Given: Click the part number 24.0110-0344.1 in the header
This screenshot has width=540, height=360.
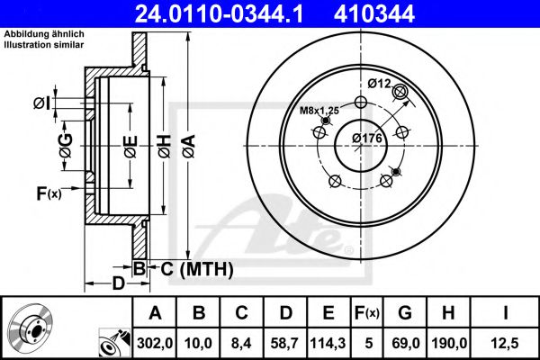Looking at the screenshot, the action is [x=219, y=14].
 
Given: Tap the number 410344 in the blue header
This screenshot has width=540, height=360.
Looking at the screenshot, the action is [x=374, y=14].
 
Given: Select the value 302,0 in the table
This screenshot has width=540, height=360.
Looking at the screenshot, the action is [x=155, y=343].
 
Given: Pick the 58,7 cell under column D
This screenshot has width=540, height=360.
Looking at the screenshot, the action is [x=284, y=343].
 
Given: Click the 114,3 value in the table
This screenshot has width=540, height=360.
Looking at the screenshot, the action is [x=328, y=343].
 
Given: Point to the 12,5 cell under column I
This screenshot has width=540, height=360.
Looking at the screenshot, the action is [x=505, y=343].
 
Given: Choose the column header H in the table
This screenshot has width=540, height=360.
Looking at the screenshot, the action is [x=448, y=313].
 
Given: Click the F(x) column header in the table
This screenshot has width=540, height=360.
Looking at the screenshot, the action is [x=367, y=313].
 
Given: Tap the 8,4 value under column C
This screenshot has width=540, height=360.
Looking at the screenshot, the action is [x=241, y=343].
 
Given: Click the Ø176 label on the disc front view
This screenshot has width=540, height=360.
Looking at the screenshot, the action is [x=367, y=138].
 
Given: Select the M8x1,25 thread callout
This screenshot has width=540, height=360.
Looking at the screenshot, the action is [x=319, y=111].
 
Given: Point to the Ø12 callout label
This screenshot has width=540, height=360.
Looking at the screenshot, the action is [x=379, y=84].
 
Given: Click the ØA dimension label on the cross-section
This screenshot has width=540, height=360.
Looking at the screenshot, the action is [x=189, y=147].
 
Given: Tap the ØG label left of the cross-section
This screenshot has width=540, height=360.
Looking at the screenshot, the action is [x=66, y=146].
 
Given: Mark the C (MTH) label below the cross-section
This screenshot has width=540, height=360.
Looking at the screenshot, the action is [x=197, y=269].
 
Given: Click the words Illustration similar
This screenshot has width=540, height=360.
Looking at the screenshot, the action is [x=44, y=45].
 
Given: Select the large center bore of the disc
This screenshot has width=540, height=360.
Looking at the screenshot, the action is [x=361, y=146].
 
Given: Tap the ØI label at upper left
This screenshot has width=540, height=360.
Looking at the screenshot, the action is [x=42, y=103].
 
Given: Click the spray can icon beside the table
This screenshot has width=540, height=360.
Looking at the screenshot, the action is [x=114, y=342].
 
